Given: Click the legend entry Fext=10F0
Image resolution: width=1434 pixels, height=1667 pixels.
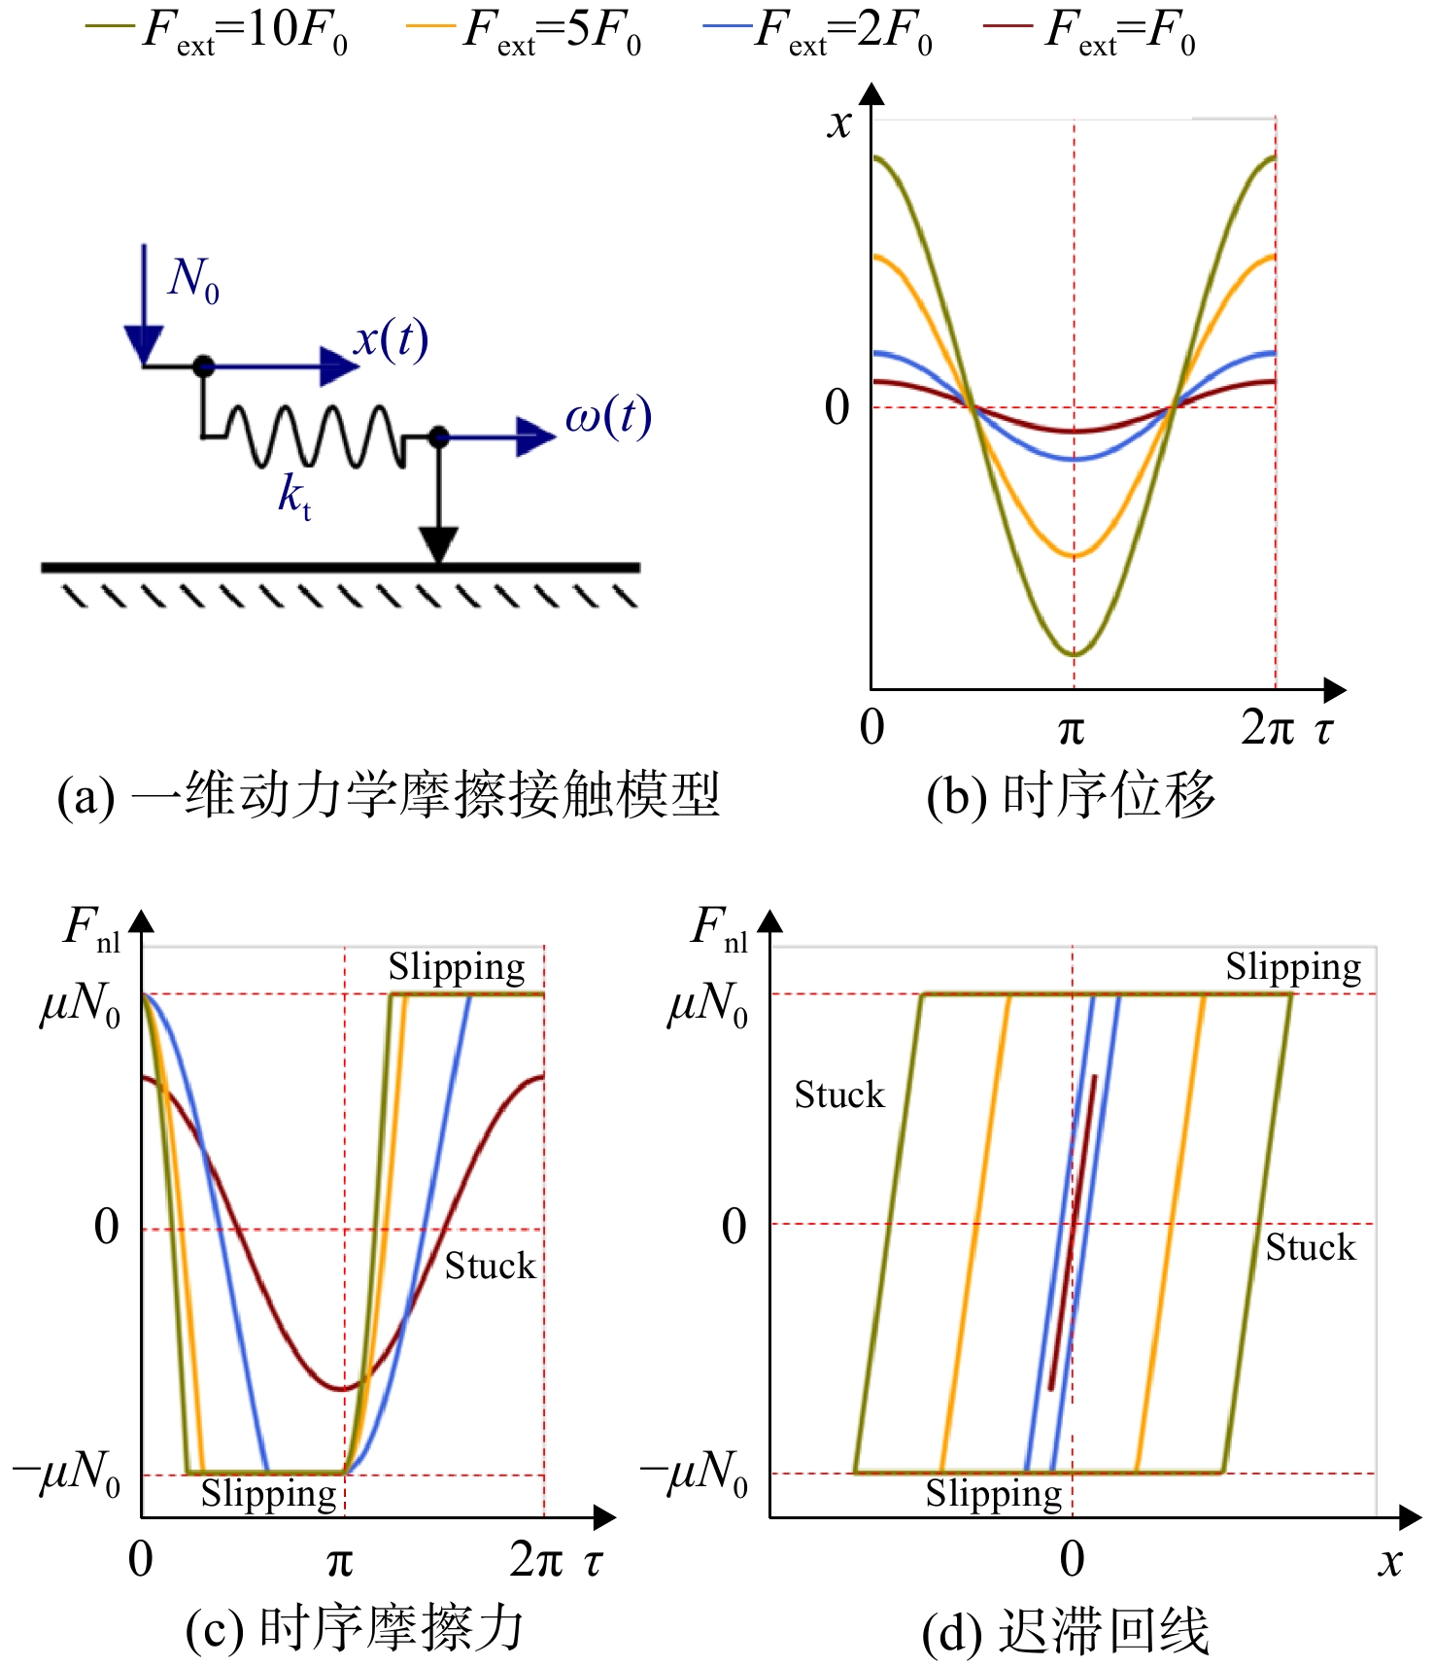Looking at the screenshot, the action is tap(217, 31).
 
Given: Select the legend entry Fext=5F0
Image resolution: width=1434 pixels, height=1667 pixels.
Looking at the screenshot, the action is tap(524, 31).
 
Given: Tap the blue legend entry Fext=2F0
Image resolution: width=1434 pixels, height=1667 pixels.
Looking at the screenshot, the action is tap(818, 31).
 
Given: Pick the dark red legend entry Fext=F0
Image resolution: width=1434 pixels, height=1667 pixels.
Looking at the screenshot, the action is tap(1090, 31).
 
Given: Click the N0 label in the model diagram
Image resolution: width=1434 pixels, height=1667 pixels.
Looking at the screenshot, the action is tap(193, 280).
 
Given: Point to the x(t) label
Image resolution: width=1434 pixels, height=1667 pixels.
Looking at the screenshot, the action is tap(391, 339).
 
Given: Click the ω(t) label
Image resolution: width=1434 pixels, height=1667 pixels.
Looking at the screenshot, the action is tap(608, 417).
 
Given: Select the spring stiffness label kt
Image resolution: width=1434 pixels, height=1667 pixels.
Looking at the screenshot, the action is tap(294, 496).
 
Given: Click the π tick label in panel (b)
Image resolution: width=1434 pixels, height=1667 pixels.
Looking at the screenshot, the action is tap(1071, 728).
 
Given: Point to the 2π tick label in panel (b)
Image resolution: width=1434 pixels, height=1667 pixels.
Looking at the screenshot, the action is tap(1268, 726).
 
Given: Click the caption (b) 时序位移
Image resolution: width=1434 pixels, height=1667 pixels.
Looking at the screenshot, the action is tap(1071, 795).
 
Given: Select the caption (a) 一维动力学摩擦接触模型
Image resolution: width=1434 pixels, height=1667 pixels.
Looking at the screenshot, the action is tap(389, 795).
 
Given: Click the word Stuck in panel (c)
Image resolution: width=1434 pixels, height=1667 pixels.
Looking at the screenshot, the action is tap(490, 1266).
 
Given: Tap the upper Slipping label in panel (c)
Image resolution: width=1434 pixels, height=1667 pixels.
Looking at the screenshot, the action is tap(457, 968).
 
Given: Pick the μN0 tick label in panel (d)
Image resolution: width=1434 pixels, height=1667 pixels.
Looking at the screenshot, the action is tap(707, 1003).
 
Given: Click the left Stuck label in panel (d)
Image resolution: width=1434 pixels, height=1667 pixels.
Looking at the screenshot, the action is tap(839, 1094).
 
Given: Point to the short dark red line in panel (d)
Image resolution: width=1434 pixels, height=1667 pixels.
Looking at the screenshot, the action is tap(1073, 1232).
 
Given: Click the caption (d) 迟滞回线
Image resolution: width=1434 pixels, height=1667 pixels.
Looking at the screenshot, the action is tap(1066, 1631).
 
